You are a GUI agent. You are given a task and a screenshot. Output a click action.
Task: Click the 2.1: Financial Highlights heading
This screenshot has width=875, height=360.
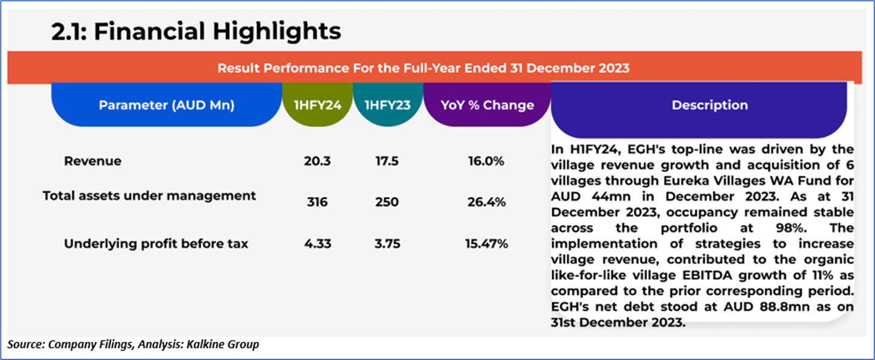(x=196, y=31)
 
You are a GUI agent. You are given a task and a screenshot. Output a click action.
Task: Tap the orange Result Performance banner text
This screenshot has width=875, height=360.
(x=423, y=68)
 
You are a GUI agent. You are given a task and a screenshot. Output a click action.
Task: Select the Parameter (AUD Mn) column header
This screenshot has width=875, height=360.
(x=166, y=105)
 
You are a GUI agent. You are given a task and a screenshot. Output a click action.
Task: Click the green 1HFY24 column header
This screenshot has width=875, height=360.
(x=317, y=105)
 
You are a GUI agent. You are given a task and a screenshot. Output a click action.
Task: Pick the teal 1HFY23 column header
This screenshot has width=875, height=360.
(x=387, y=105)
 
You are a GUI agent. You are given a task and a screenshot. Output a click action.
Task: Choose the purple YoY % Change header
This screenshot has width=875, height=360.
(x=487, y=105)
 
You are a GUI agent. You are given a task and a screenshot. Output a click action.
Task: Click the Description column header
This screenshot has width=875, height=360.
(x=709, y=105)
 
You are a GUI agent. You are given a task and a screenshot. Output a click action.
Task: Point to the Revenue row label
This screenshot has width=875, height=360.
(x=92, y=161)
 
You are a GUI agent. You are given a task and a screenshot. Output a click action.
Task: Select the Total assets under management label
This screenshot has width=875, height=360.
(x=149, y=196)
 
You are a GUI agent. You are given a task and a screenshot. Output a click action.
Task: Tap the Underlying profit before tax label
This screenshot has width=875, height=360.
(x=156, y=244)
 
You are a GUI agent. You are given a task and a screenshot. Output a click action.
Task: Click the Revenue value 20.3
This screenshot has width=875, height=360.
(x=317, y=161)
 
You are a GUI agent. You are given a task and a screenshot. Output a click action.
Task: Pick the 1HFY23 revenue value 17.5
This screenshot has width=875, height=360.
(x=387, y=161)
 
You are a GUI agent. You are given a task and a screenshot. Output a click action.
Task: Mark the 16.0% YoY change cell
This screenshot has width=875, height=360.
(x=486, y=161)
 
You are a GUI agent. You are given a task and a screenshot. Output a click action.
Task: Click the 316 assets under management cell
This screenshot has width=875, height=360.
(x=317, y=202)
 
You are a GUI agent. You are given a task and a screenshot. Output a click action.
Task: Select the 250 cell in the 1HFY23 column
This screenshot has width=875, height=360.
(x=387, y=202)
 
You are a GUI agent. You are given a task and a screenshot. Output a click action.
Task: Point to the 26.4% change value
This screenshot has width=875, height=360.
(x=486, y=202)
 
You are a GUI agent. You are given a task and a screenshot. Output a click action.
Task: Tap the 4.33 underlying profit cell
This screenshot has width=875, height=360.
(x=317, y=244)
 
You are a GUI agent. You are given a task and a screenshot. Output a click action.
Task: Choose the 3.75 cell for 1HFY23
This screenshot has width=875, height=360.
(x=387, y=244)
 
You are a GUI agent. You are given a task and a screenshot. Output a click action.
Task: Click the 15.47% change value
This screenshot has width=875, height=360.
(x=486, y=244)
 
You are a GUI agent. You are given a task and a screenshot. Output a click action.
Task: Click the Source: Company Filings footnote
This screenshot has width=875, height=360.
(x=133, y=345)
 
